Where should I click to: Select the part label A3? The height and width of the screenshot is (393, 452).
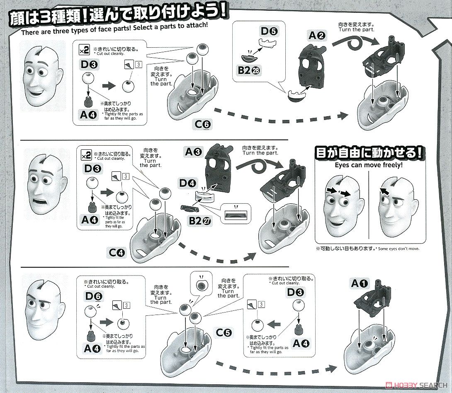[x=194, y=152]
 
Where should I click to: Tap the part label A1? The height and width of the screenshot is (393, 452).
[x=360, y=284]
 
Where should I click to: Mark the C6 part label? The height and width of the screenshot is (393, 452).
[x=204, y=123]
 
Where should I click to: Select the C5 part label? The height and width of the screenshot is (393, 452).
[x=224, y=332]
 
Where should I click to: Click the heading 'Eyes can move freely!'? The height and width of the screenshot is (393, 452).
[x=369, y=165]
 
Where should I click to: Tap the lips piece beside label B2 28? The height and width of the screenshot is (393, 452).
[x=250, y=56]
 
